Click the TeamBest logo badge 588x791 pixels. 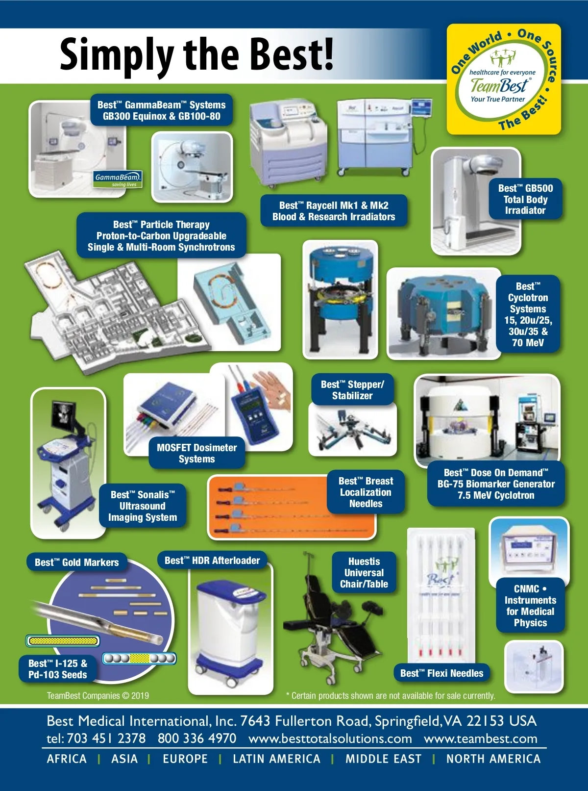[x=504, y=79]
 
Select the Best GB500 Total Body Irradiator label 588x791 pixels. [x=525, y=199]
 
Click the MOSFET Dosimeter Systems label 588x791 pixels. [x=196, y=453]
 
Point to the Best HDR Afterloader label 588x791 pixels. [x=212, y=560]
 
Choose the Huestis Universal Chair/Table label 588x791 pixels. [x=364, y=572]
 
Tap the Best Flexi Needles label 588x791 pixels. [x=441, y=673]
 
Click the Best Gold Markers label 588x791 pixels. [x=76, y=562]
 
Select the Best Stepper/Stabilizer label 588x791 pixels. [x=352, y=390]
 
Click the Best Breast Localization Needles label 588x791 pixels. [x=366, y=492]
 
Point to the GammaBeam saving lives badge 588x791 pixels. [x=118, y=179]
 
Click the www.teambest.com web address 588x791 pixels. [x=480, y=738]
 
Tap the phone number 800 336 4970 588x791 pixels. [x=196, y=738]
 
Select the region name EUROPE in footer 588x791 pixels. [x=185, y=759]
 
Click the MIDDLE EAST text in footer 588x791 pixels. [x=383, y=759]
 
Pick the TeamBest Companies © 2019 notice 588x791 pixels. [x=98, y=695]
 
